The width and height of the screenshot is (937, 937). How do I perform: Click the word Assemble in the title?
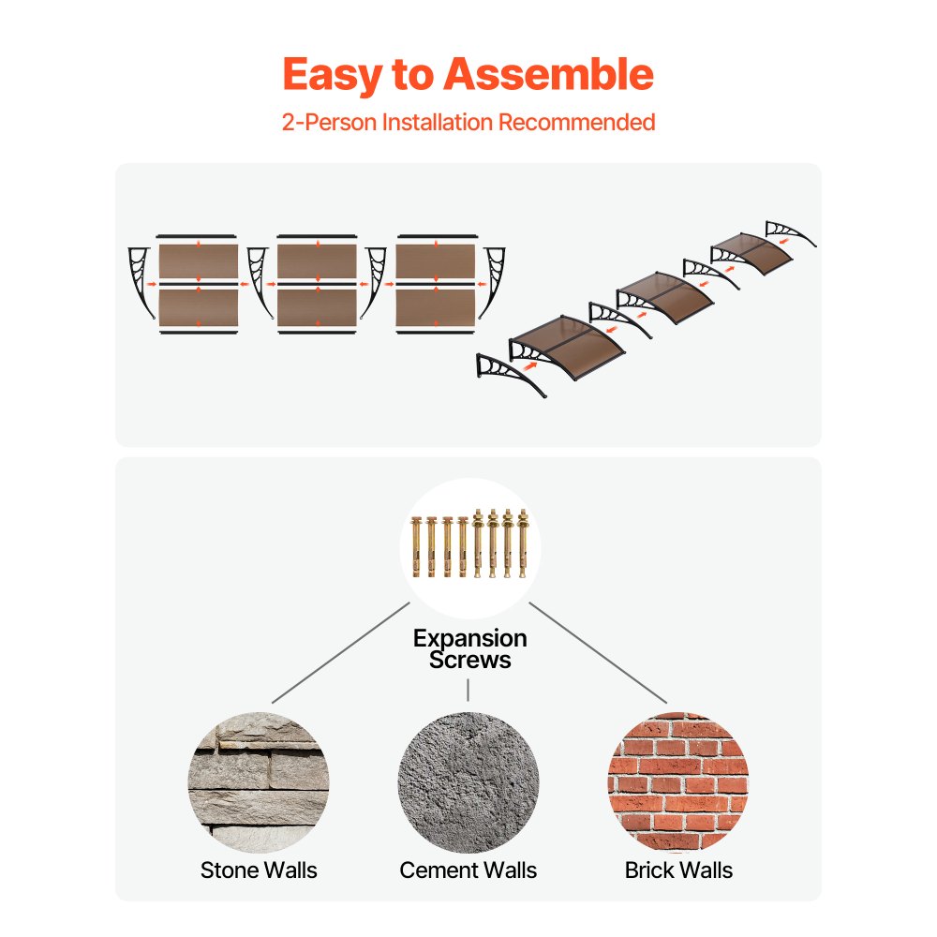(548, 74)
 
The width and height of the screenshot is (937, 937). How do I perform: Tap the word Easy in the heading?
(333, 76)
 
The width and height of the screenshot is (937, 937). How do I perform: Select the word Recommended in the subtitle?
(576, 122)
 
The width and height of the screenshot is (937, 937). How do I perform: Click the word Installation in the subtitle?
(438, 122)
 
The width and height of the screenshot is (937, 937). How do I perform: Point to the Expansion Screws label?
(469, 649)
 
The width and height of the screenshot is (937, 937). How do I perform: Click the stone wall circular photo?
(259, 782)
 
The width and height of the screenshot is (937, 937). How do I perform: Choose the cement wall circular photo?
(468, 782)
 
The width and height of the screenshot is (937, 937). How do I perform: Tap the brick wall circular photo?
(678, 782)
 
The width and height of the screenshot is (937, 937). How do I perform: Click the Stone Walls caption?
(259, 870)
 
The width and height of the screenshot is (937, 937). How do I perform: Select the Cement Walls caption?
(468, 870)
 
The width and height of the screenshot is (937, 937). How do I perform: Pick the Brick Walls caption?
(678, 870)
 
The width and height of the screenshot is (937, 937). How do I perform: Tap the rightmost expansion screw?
(522, 543)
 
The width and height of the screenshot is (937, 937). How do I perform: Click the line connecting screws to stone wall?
(341, 652)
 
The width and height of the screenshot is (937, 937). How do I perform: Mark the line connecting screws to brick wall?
(598, 652)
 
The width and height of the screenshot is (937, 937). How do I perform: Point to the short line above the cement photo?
(468, 690)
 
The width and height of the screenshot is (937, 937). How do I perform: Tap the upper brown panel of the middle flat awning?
(317, 261)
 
